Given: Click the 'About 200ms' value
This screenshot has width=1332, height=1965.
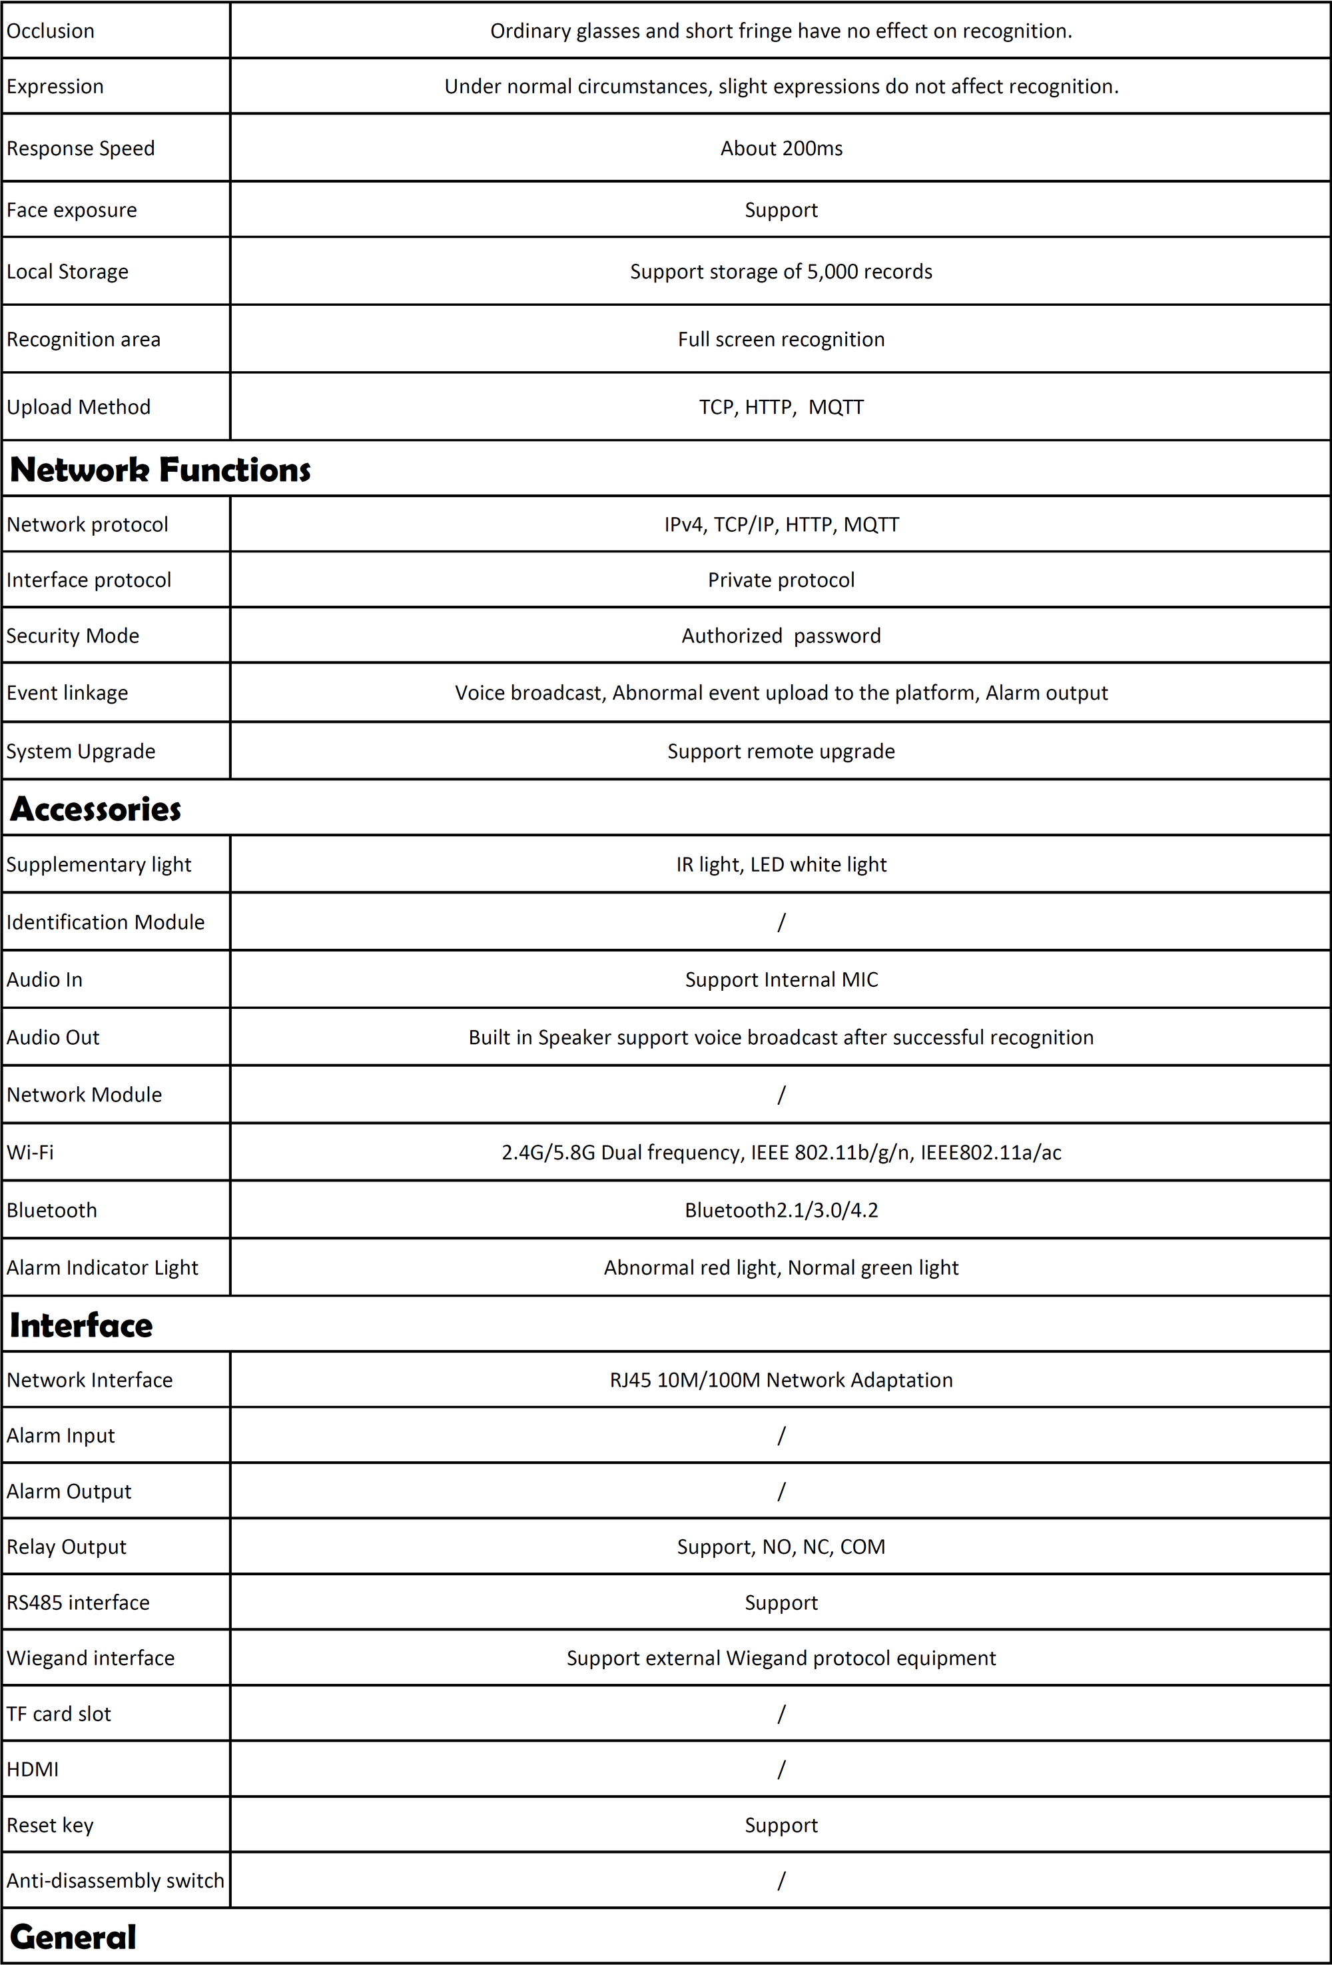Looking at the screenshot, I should (781, 148).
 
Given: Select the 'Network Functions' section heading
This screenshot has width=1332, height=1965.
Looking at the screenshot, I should (160, 469).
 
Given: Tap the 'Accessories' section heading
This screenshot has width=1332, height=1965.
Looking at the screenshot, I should (95, 809).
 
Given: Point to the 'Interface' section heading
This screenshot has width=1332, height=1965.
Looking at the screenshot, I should (81, 1325).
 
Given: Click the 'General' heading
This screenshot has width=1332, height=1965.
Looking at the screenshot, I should (73, 1937).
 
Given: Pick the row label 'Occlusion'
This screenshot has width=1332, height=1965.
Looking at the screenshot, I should (51, 31).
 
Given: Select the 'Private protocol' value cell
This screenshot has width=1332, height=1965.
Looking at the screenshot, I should (781, 580).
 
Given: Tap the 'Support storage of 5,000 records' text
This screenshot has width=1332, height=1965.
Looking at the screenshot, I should (781, 271).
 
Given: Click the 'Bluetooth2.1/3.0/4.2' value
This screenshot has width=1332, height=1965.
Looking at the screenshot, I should (781, 1210).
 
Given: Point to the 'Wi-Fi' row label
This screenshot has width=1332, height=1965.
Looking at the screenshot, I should (31, 1153).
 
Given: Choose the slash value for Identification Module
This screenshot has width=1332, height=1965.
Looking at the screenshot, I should (781, 922).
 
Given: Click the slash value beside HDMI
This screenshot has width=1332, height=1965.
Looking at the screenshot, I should (781, 1770).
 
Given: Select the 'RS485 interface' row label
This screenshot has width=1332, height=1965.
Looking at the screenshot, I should (78, 1603).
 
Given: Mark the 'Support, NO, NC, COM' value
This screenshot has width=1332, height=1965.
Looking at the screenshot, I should (781, 1547).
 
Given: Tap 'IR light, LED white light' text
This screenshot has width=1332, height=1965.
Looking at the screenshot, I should (781, 864).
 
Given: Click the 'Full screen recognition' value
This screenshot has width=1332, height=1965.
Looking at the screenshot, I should (781, 339).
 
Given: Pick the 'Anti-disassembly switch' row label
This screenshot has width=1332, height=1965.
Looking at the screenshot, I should (116, 1880).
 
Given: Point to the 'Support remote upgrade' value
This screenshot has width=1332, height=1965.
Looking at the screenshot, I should (781, 751).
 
